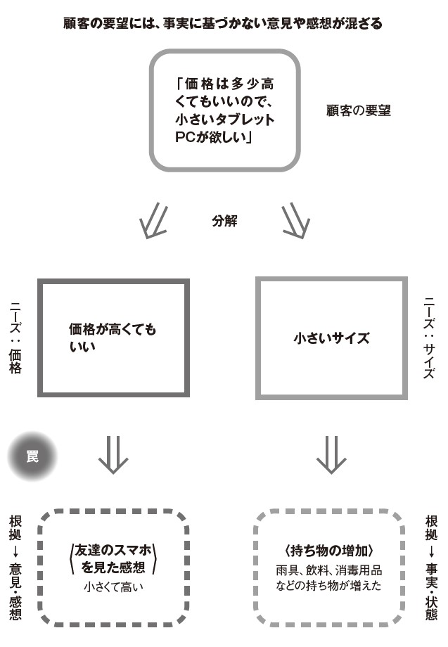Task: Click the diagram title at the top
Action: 223,23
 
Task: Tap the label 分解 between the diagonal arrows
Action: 224,221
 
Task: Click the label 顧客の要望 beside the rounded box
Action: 358,110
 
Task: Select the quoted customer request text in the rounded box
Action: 224,110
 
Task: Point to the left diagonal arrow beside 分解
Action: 154,221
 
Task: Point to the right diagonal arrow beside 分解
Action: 295,221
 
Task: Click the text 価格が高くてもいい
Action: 113,338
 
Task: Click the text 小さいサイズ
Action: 331,338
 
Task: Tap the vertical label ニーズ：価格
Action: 15,338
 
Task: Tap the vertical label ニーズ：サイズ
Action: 429,338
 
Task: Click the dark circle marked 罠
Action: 32,456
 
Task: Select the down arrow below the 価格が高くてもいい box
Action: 113,455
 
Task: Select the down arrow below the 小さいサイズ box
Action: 331,455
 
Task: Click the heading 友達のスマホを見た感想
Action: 113,558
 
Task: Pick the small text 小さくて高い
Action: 113,587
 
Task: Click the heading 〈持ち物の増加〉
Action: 328,551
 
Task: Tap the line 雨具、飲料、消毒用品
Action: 328,570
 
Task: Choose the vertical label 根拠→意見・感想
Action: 15,568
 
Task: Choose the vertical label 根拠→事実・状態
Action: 431,568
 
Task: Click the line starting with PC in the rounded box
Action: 214,137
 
